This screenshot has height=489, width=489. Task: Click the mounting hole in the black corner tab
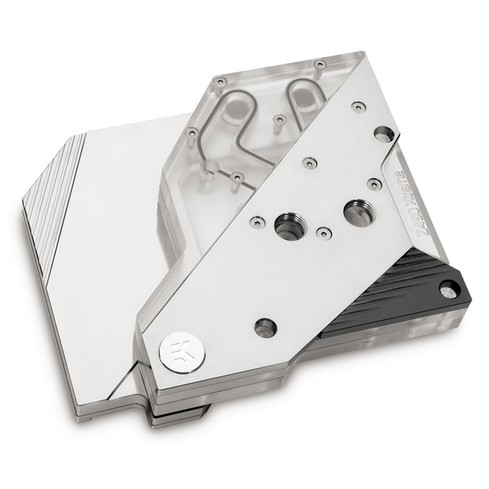[449, 285]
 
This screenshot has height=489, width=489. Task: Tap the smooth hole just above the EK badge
[265, 325]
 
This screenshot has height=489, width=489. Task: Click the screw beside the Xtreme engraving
[371, 182]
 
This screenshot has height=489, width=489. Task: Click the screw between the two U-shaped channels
[278, 117]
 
